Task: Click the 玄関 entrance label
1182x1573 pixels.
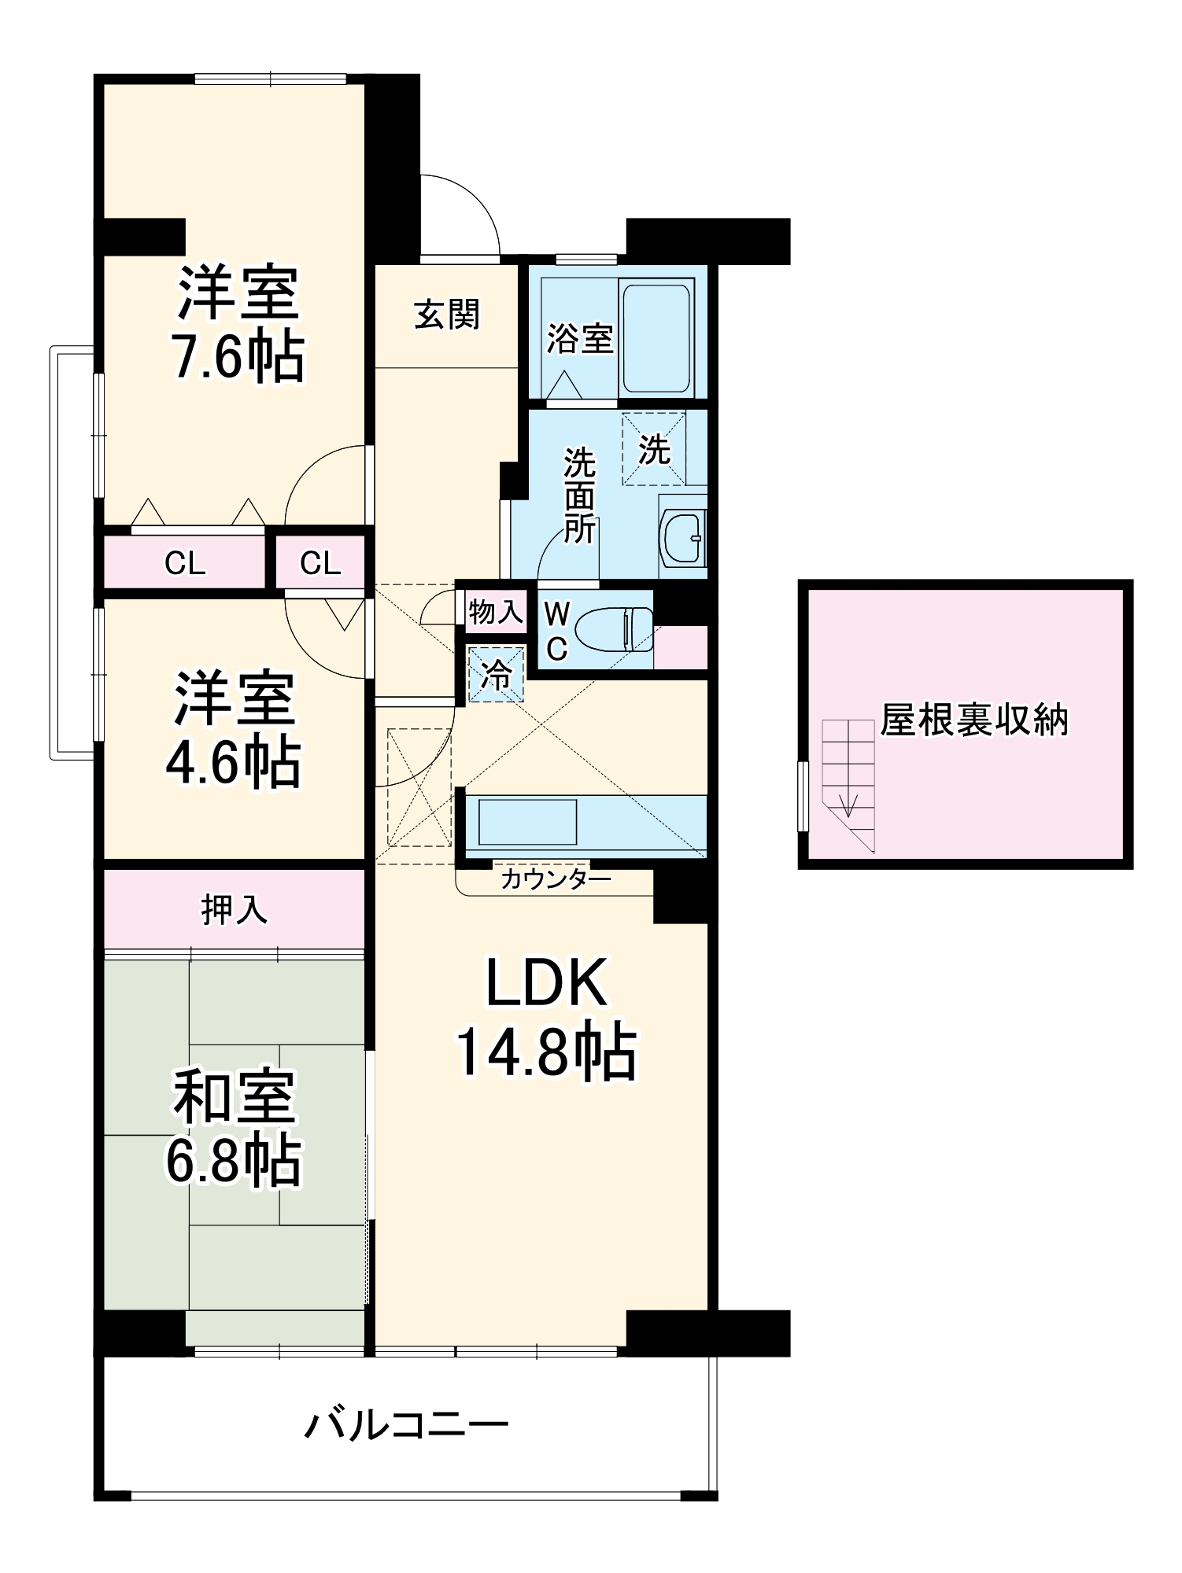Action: point(447,315)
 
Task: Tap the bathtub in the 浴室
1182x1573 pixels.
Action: point(656,338)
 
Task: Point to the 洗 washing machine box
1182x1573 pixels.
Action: point(654,448)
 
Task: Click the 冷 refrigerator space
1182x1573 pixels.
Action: point(496,675)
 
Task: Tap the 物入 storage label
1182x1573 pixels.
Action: point(496,611)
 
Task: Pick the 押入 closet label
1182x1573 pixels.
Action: point(234,910)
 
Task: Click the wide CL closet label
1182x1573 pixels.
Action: point(186,563)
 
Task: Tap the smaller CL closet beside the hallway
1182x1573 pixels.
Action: point(320,562)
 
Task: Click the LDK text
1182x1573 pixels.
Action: point(547,983)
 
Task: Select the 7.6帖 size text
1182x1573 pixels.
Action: point(238,358)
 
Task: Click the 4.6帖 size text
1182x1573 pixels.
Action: point(234,763)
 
